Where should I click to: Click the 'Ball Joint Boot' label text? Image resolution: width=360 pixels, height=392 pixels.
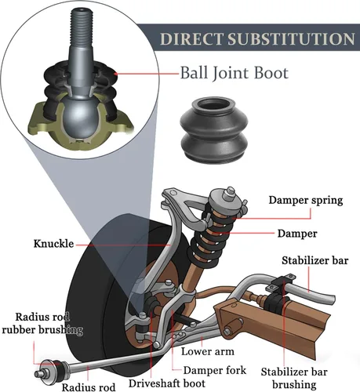point(235,73)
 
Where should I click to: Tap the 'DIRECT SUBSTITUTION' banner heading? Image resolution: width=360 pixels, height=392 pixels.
point(257,38)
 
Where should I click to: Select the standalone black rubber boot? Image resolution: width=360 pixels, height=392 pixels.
point(214,130)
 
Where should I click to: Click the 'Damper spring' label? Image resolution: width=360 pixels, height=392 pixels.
point(306,200)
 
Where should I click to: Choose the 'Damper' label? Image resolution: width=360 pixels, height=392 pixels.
point(297,234)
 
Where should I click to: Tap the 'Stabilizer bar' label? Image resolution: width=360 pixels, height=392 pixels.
point(315,260)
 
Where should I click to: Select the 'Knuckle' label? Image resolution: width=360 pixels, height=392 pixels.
point(53,244)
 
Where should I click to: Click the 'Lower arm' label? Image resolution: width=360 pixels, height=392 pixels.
point(208,351)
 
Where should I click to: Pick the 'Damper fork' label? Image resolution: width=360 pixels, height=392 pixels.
point(215,370)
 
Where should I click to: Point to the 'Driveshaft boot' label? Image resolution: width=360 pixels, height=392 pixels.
point(167,383)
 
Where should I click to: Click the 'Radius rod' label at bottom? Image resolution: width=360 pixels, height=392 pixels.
point(89,387)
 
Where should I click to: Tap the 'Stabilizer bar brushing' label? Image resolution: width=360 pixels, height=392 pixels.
point(294,378)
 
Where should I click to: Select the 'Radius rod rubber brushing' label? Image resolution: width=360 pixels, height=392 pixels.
point(42,323)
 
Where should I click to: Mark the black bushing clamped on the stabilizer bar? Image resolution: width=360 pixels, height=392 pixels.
point(276,303)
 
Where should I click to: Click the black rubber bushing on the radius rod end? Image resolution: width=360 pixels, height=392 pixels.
point(59,369)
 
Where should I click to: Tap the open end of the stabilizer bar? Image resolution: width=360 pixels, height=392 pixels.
point(333,299)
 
